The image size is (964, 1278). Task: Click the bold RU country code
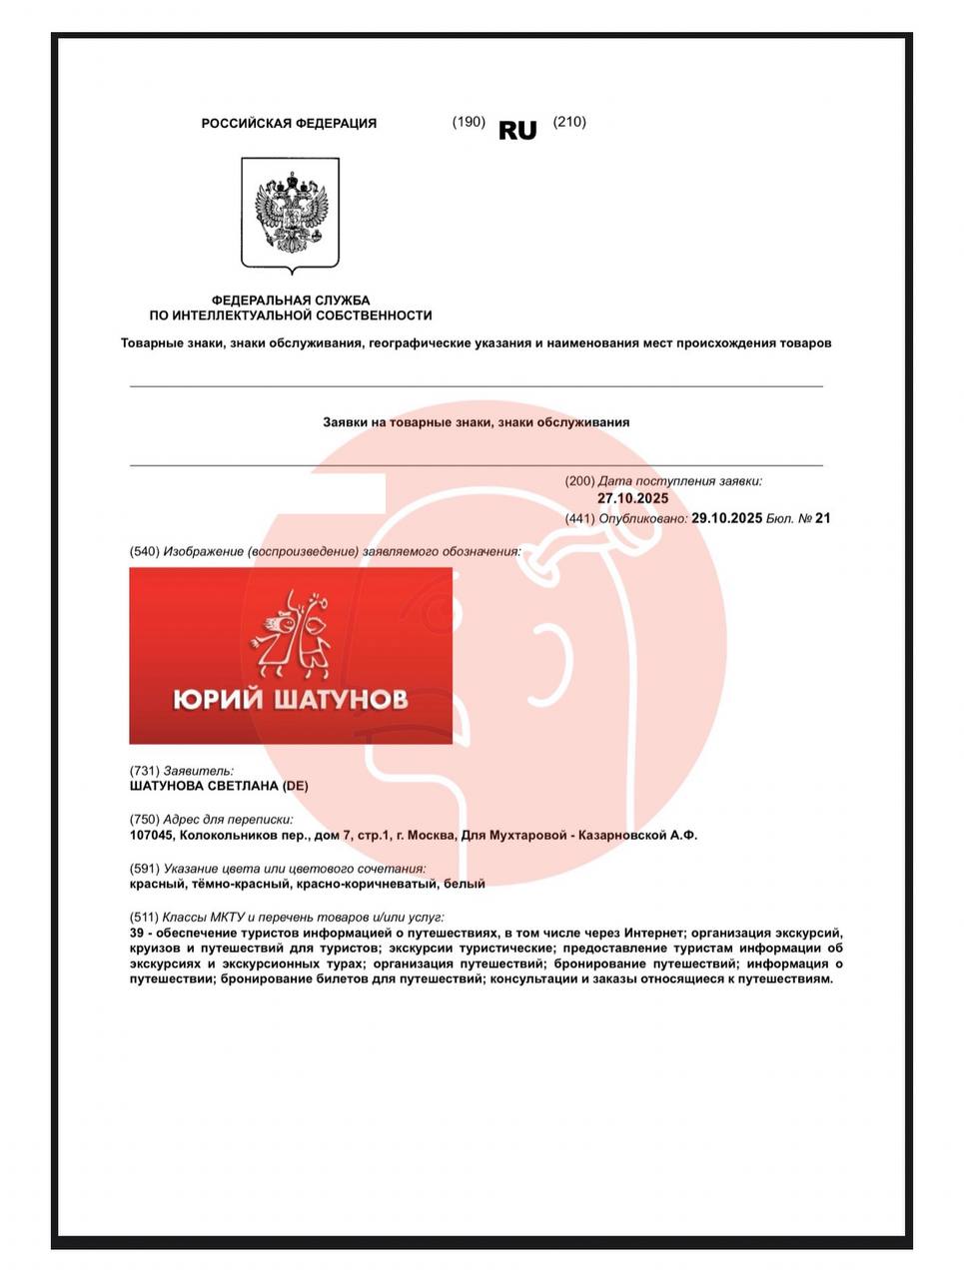pyautogui.click(x=517, y=131)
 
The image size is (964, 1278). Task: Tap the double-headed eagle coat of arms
pyautogui.click(x=291, y=213)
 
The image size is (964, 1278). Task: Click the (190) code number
pyautogui.click(x=469, y=122)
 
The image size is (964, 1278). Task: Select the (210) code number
pyautogui.click(x=569, y=122)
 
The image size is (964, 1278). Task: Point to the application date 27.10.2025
pyautogui.click(x=633, y=498)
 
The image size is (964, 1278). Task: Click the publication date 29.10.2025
pyautogui.click(x=726, y=518)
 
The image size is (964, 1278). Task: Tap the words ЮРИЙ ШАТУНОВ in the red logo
pyautogui.click(x=290, y=698)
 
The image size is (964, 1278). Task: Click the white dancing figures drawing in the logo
pyautogui.click(x=291, y=632)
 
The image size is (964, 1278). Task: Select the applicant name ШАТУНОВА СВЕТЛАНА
pyautogui.click(x=204, y=786)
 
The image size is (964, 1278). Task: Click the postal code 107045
pyautogui.click(x=151, y=835)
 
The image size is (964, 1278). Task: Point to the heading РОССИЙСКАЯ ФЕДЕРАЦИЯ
pyautogui.click(x=289, y=124)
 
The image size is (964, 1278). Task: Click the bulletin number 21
pyautogui.click(x=823, y=518)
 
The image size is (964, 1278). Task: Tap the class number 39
pyautogui.click(x=137, y=933)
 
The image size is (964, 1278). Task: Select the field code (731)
pyautogui.click(x=145, y=771)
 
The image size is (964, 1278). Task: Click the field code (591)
pyautogui.click(x=145, y=869)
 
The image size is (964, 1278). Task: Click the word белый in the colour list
pyautogui.click(x=465, y=884)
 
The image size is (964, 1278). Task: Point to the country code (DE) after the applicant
pyautogui.click(x=295, y=786)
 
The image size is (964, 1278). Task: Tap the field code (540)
pyautogui.click(x=145, y=551)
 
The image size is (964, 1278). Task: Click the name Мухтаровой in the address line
pyautogui.click(x=530, y=835)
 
